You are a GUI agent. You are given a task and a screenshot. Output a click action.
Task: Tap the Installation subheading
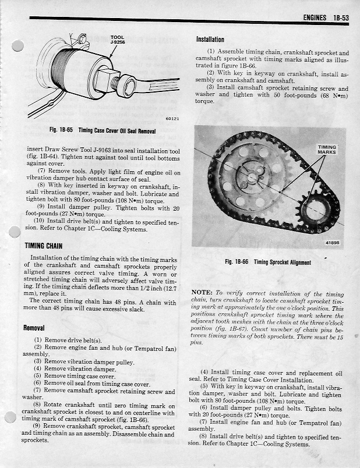point(210,40)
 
